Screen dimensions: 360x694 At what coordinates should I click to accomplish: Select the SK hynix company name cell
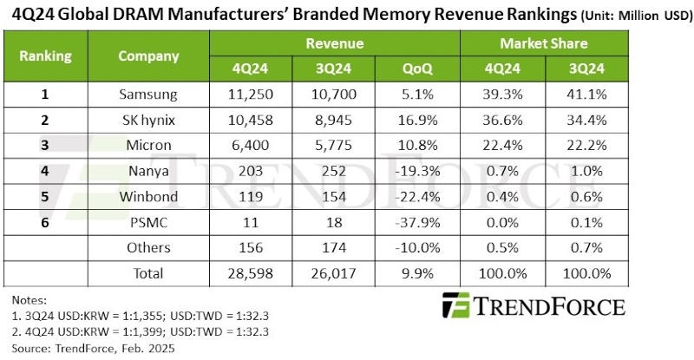tap(148, 121)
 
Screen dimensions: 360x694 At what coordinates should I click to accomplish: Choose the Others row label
tap(148, 247)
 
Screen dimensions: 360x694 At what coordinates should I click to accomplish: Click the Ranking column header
tap(46, 56)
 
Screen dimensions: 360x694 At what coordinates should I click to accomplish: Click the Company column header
tap(148, 56)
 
